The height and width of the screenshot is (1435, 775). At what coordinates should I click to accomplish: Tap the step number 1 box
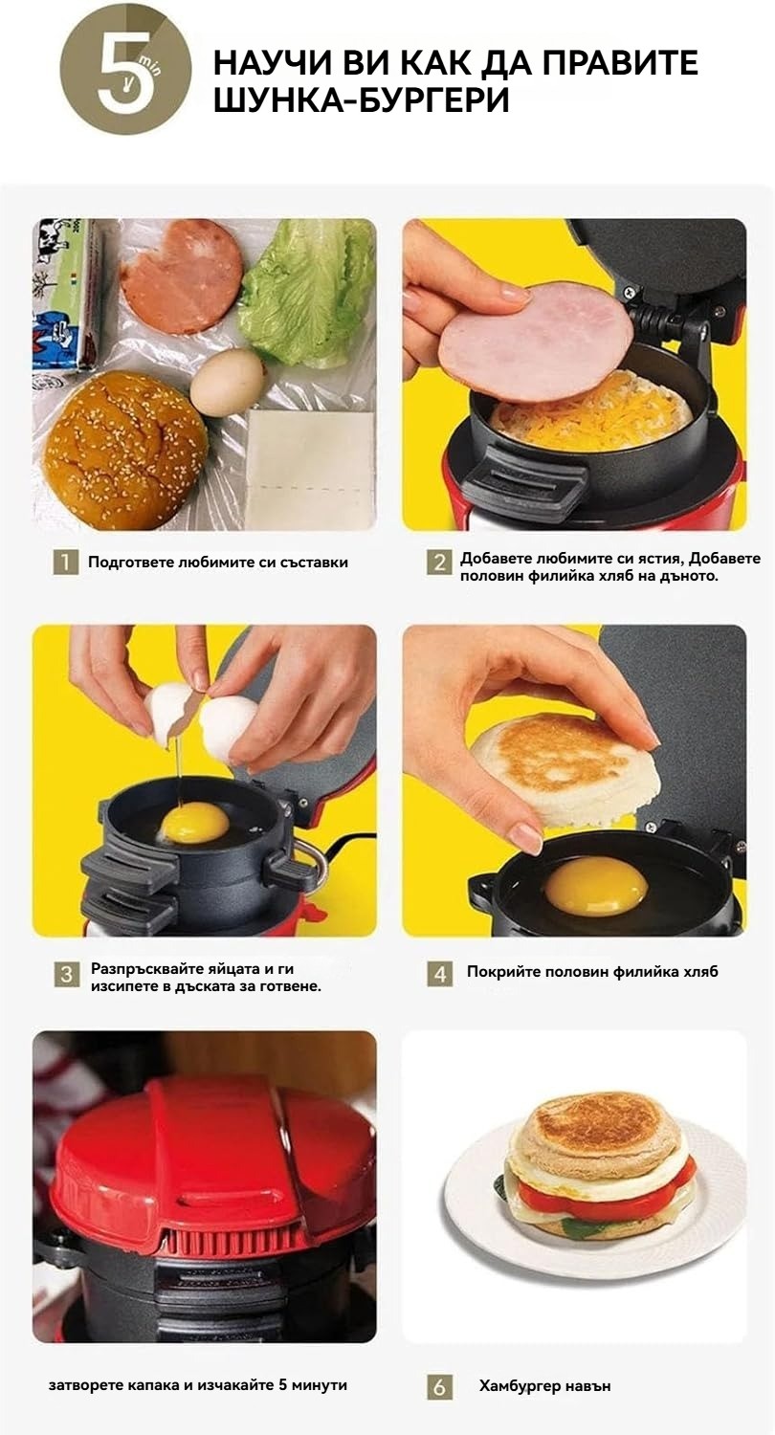coord(65,562)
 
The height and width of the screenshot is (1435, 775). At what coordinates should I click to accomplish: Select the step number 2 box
coord(439,562)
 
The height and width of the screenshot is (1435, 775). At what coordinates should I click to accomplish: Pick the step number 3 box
coord(66,975)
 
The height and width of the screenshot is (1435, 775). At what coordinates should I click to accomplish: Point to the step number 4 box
coord(439,975)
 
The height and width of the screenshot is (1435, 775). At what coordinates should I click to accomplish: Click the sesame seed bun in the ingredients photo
coord(125,450)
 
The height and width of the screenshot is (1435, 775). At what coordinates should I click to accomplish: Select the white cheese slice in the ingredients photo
coord(310,471)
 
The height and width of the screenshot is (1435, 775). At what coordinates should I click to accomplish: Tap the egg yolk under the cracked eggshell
coord(194,825)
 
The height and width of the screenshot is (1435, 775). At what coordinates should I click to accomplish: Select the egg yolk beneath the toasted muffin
coord(596,887)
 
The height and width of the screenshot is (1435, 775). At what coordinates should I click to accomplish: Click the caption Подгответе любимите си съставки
coord(218,563)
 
